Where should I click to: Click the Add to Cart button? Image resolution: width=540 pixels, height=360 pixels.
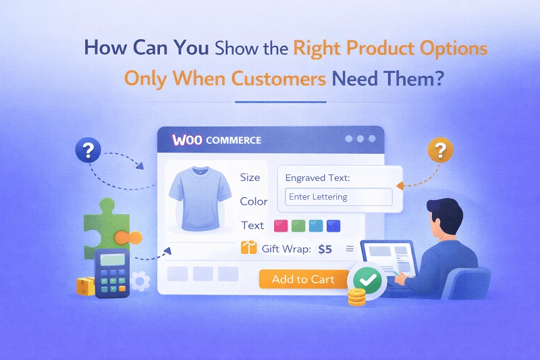coord(303,279)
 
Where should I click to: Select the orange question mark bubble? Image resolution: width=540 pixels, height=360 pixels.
coord(440,149)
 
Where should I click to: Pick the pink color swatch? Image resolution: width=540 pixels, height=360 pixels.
coord(281,226)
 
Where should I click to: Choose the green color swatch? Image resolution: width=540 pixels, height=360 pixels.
coord(298,226)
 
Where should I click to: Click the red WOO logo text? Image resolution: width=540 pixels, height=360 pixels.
coord(188,140)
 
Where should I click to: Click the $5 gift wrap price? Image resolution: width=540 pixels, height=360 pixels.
coord(325,249)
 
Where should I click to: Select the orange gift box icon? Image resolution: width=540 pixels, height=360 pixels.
coord(249,249)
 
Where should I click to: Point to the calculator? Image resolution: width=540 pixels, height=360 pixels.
coord(111,272)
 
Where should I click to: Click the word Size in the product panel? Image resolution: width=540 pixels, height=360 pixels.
coord(250,178)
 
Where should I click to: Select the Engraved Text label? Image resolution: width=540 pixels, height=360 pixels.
coord(317,178)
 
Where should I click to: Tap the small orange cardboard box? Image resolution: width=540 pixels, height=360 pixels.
coord(85,286)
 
